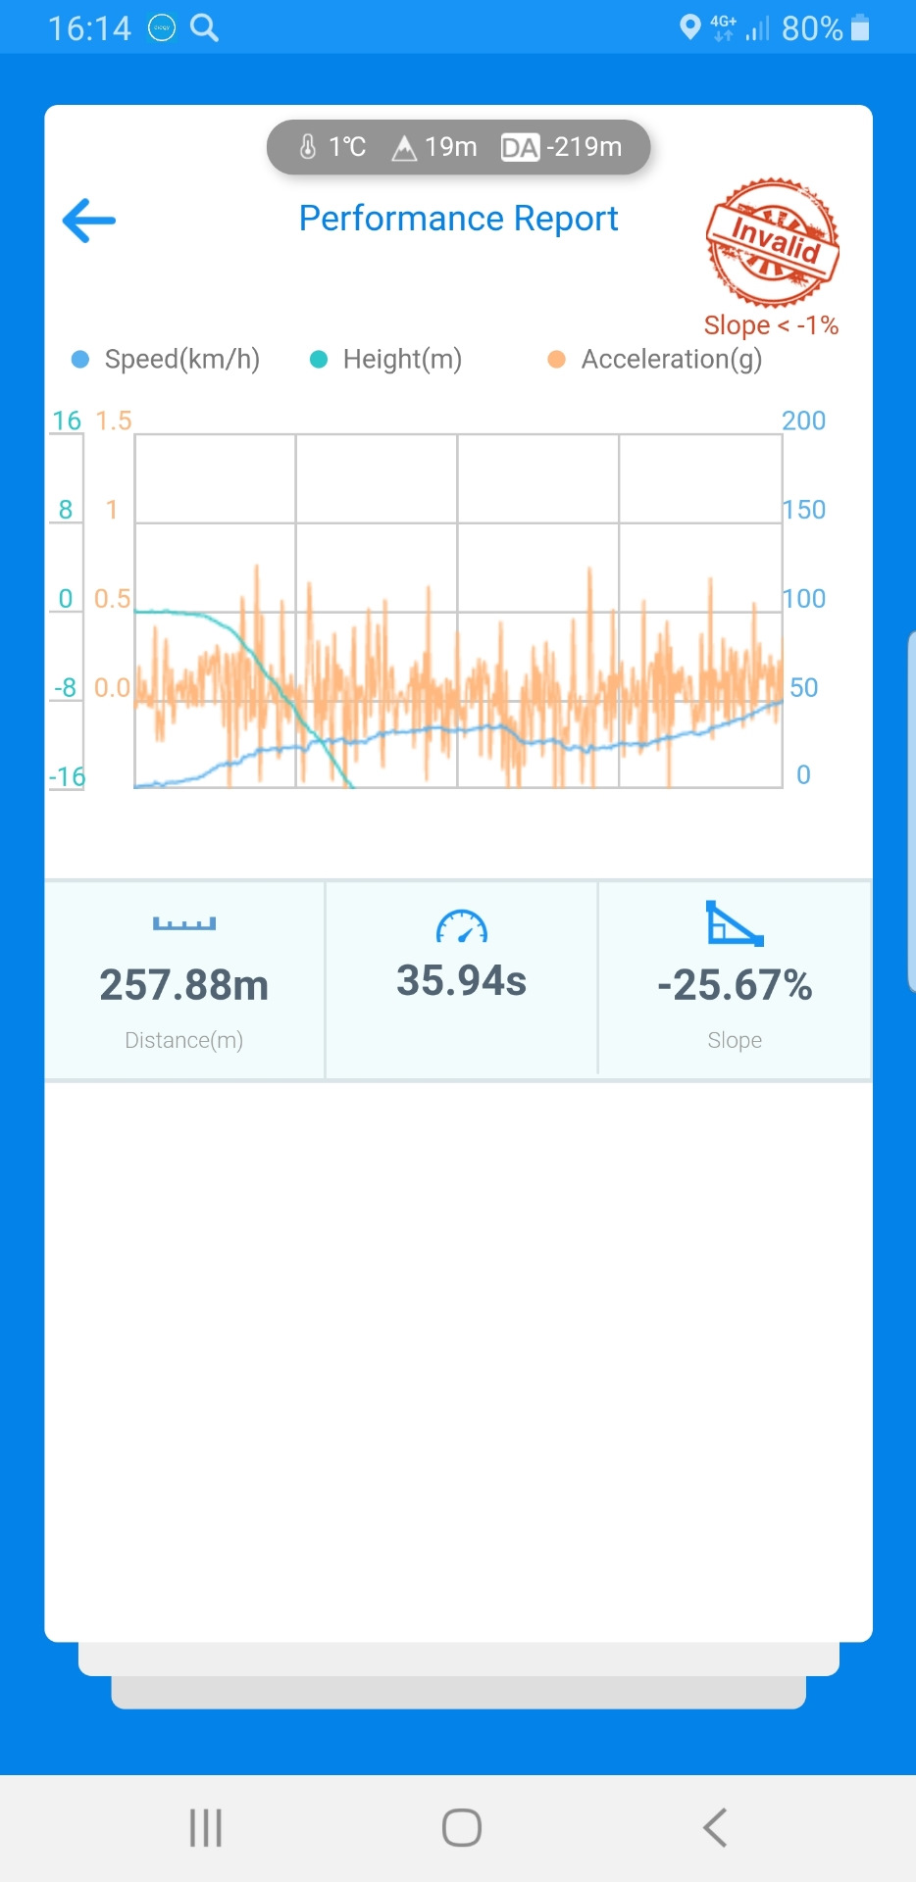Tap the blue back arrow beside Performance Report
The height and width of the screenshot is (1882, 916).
(x=89, y=221)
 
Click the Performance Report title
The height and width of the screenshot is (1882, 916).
(x=458, y=219)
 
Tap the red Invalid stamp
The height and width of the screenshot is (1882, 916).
(x=773, y=242)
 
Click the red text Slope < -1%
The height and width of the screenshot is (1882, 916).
(x=771, y=325)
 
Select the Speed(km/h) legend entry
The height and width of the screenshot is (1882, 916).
(x=167, y=360)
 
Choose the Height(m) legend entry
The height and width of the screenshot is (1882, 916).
(x=387, y=360)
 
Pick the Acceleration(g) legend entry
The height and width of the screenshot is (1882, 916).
(x=656, y=360)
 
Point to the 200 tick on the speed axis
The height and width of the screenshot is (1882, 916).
(x=803, y=421)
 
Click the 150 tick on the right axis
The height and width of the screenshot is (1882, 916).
(x=803, y=510)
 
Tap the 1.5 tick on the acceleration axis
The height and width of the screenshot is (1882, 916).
(x=113, y=421)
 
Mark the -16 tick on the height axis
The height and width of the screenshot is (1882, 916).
(x=67, y=777)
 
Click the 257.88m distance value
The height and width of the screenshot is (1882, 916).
(x=184, y=985)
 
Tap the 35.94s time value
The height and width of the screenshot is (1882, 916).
(x=461, y=980)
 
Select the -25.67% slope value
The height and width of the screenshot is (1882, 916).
(x=735, y=985)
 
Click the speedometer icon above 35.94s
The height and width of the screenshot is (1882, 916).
(x=461, y=926)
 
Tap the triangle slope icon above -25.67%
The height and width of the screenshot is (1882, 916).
(x=734, y=923)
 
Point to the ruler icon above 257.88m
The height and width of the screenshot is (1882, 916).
(x=184, y=923)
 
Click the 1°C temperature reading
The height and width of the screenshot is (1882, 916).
(x=333, y=147)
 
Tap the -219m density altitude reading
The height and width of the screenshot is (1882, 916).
(x=562, y=147)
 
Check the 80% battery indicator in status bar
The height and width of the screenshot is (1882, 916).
(x=825, y=28)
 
